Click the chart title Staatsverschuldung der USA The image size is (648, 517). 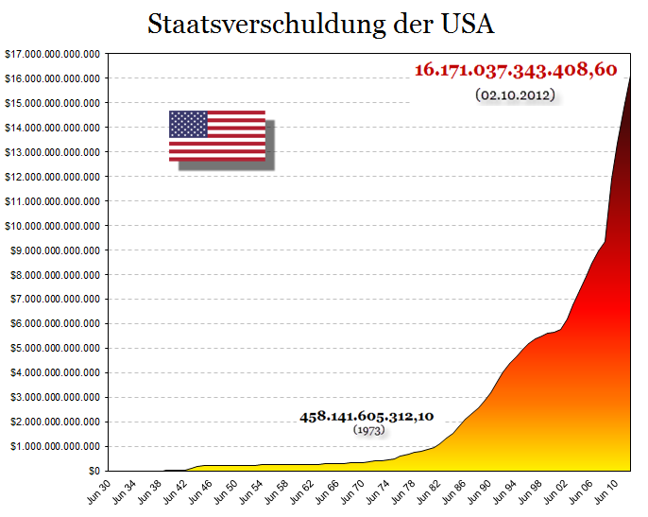click(x=321, y=25)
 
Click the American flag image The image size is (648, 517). click(x=217, y=136)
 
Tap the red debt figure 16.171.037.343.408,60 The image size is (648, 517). click(x=516, y=70)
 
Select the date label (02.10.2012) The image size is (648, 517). click(x=515, y=95)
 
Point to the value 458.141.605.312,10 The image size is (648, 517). click(x=367, y=416)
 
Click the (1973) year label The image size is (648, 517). click(x=368, y=430)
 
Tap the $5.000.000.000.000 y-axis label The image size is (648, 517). click(x=55, y=348)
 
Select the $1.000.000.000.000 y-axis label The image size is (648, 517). click(x=55, y=446)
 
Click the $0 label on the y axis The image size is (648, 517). click(x=93, y=471)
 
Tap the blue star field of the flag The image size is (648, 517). click(x=188, y=124)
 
